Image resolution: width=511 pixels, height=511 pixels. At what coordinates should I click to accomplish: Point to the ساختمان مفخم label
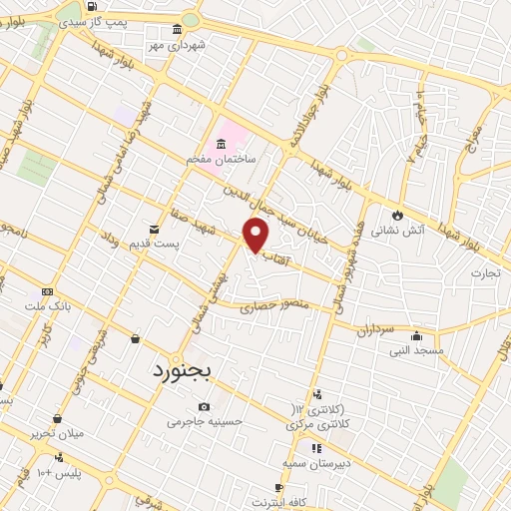221,160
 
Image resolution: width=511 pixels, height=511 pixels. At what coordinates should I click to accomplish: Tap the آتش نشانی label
398,230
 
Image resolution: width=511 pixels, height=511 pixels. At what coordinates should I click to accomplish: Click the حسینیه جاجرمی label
205,422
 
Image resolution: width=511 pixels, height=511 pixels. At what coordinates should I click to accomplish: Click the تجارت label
487,271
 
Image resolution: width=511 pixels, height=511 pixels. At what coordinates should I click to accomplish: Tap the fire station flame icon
398,213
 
